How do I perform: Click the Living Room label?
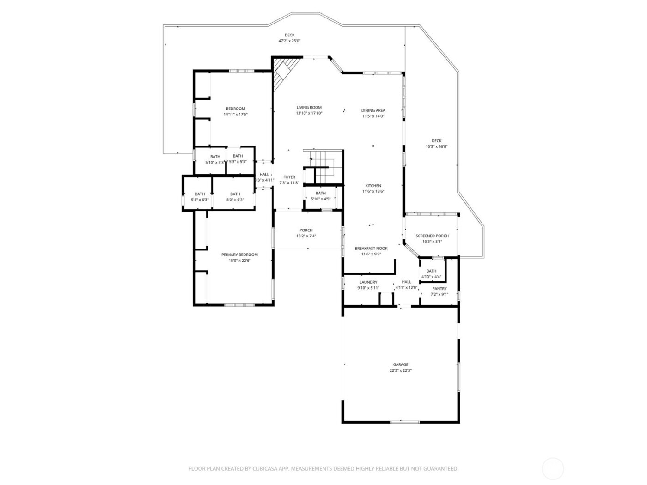pyautogui.click(x=309, y=108)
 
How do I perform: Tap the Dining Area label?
pyautogui.click(x=373, y=110)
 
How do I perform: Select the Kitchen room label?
pyautogui.click(x=373, y=186)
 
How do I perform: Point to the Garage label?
pyautogui.click(x=400, y=364)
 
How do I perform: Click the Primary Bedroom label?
pyautogui.click(x=239, y=255)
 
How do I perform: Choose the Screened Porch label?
pyautogui.click(x=432, y=236)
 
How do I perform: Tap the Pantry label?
pyautogui.click(x=439, y=289)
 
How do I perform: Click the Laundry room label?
pyautogui.click(x=368, y=282)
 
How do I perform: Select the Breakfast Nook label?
pyautogui.click(x=371, y=248)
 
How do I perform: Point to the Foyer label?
pyautogui.click(x=289, y=177)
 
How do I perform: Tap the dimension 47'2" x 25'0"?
pyautogui.click(x=289, y=41)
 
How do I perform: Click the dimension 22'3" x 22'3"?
pyautogui.click(x=400, y=370)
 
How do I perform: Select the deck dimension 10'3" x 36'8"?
pyautogui.click(x=436, y=147)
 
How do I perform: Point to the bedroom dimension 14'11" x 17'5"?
pyautogui.click(x=236, y=115)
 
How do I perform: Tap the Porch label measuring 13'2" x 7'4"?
pyautogui.click(x=305, y=230)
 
